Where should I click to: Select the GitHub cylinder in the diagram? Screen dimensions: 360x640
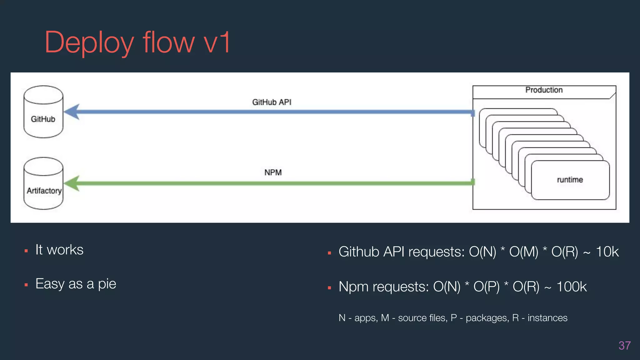pos(43,112)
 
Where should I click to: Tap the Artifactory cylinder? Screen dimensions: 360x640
pos(43,183)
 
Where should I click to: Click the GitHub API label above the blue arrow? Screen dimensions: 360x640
pos(272,102)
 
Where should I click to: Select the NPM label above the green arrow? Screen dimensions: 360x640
pos(273,172)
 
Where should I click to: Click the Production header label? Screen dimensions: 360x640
pos(544,90)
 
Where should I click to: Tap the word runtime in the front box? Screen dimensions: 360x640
pos(570,180)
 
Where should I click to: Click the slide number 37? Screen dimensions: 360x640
pos(624,346)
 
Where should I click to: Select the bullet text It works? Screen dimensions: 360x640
pos(59,250)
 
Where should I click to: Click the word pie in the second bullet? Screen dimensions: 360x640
pos(107,284)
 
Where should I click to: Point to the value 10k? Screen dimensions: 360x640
pos(607,252)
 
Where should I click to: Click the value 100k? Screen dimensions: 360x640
pos(572,287)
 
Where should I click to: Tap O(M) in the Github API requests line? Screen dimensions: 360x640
pos(524,252)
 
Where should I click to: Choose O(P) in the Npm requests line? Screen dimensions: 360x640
pos(486,287)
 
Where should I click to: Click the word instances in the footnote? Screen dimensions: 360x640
pos(547,318)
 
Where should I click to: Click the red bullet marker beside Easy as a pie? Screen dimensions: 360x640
pos(26,285)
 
